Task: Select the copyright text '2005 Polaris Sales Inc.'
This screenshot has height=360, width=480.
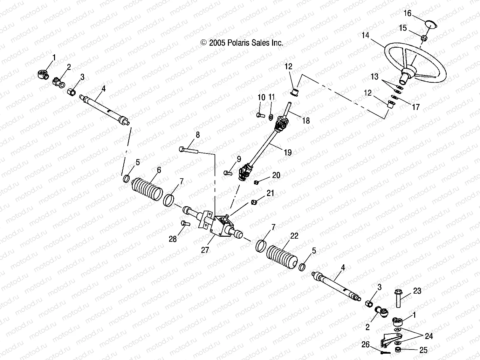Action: pos(242,43)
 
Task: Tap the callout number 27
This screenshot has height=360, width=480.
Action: pos(205,250)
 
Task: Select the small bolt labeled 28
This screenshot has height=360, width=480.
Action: pos(185,223)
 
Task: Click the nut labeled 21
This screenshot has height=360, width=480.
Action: pos(254,202)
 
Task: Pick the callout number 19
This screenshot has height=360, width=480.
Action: pos(287,153)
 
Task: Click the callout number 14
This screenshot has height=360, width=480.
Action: pos(365,35)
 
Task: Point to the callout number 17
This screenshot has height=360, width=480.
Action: pos(416,107)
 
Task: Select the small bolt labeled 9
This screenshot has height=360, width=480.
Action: pos(227,173)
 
